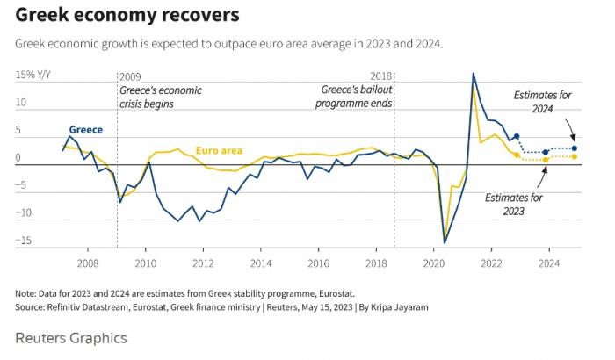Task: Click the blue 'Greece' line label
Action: pyautogui.click(x=86, y=130)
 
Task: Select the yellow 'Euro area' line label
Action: pyautogui.click(x=219, y=150)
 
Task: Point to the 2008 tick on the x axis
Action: pyautogui.click(x=87, y=263)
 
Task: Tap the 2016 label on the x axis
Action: pyautogui.click(x=318, y=263)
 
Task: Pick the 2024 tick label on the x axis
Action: pyautogui.click(x=549, y=263)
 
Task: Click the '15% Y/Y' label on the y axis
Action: pyautogui.click(x=35, y=76)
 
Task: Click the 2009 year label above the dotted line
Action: pyautogui.click(x=129, y=77)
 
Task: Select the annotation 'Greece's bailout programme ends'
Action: pyautogui.click(x=356, y=97)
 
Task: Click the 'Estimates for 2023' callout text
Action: pyautogui.click(x=513, y=205)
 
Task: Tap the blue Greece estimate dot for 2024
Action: pyautogui.click(x=575, y=148)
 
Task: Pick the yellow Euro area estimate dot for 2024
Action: pyautogui.click(x=575, y=156)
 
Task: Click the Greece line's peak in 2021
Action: pyautogui.click(x=474, y=74)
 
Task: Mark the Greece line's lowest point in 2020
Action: pyautogui.click(x=445, y=242)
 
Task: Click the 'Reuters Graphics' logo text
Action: pyautogui.click(x=71, y=338)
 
